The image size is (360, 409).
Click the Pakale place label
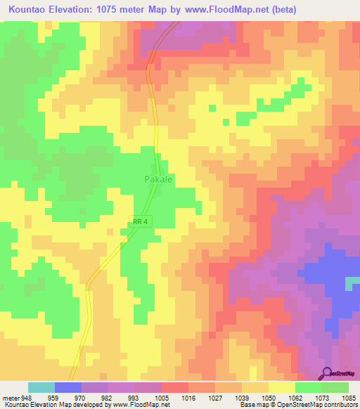point(159,179)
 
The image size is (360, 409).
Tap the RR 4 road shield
point(141,222)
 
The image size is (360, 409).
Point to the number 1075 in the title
point(123,10)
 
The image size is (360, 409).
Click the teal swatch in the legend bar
point(41,387)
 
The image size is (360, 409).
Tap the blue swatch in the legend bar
point(68,387)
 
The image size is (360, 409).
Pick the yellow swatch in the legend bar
point(282,387)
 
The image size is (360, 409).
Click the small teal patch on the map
point(352,283)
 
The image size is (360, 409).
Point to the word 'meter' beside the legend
point(10,396)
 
